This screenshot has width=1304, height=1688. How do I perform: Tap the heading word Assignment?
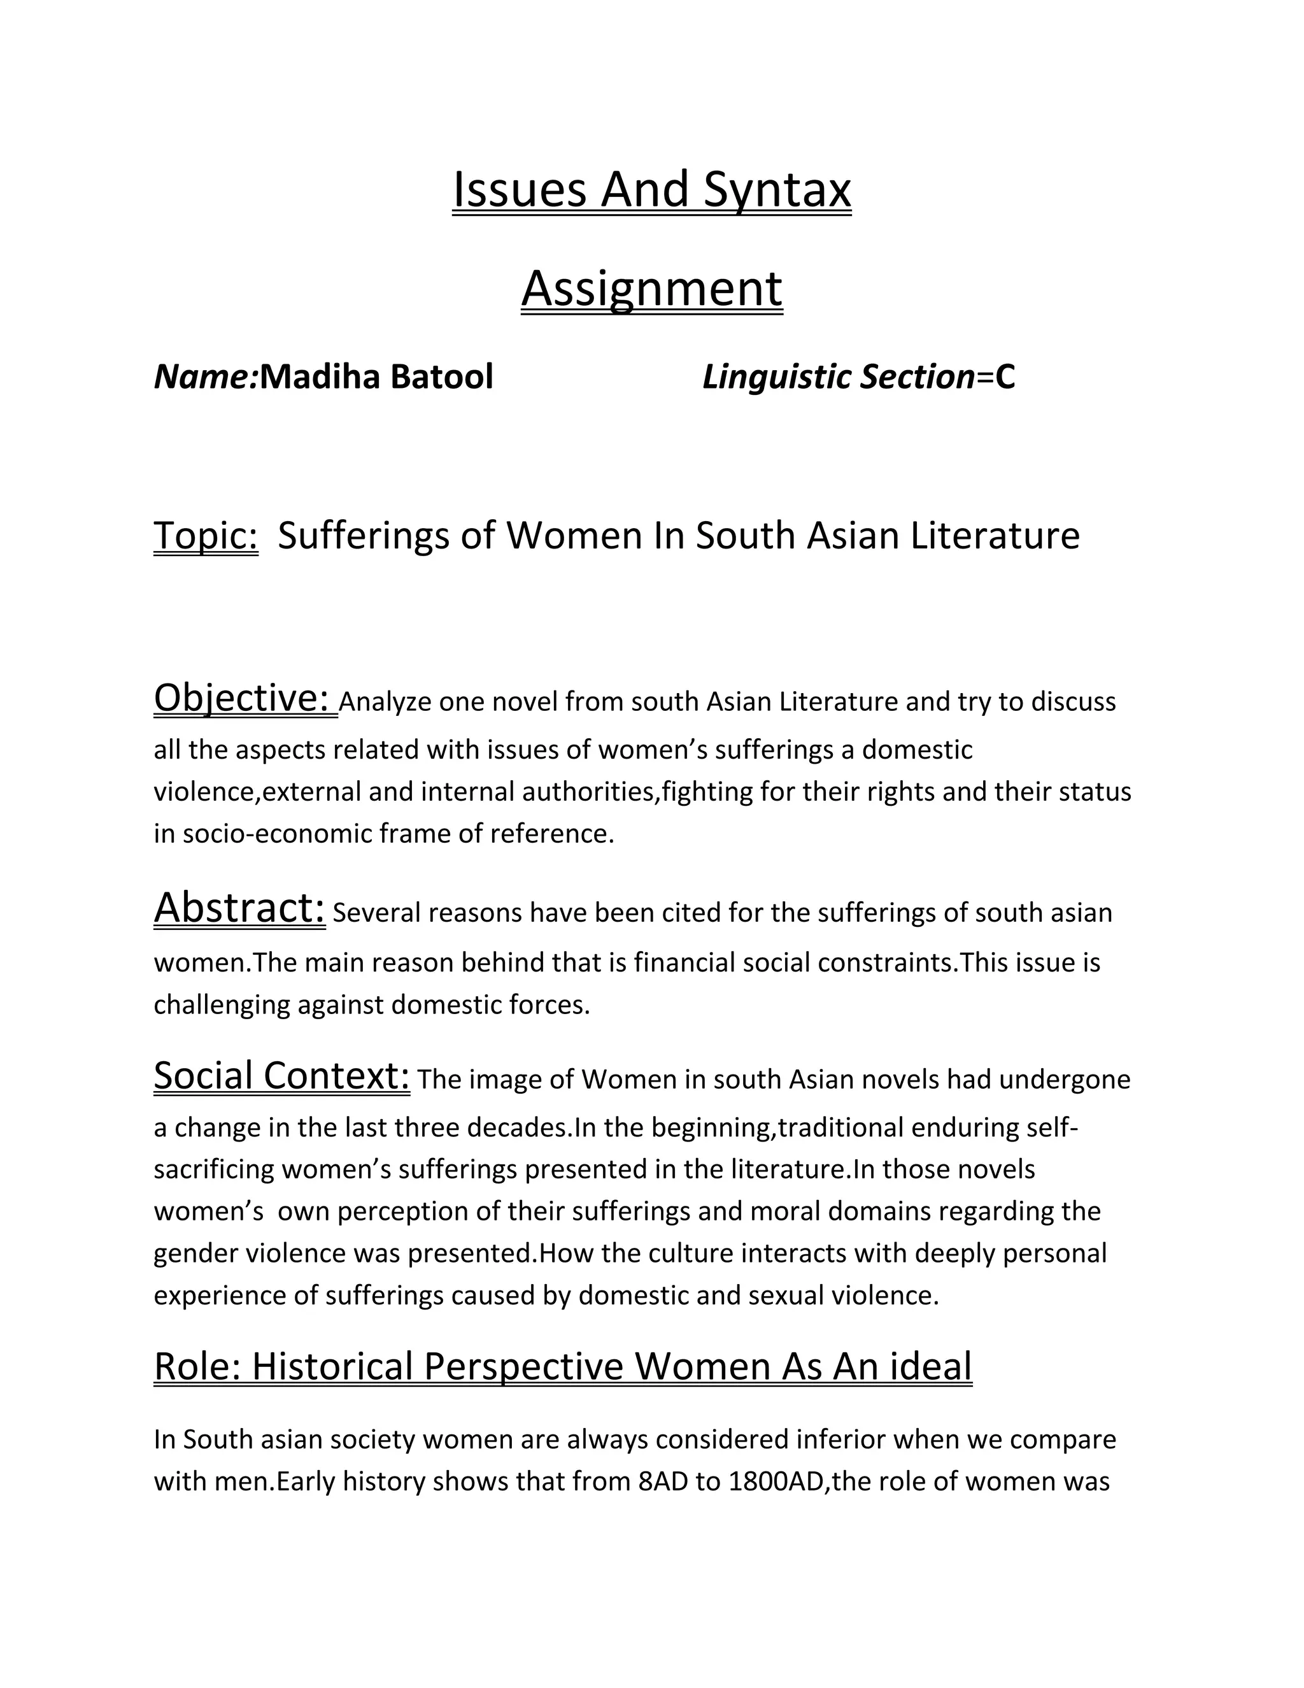click(652, 289)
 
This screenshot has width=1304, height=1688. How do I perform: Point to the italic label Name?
click(206, 377)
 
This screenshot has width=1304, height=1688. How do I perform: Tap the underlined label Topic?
click(206, 536)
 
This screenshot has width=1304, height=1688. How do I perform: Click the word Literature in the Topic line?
click(995, 536)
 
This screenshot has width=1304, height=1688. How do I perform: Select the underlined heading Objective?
click(245, 698)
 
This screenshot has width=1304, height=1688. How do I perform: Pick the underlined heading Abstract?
click(239, 908)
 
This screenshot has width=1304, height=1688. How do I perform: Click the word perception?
click(402, 1211)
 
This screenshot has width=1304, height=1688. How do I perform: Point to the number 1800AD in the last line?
click(776, 1482)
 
